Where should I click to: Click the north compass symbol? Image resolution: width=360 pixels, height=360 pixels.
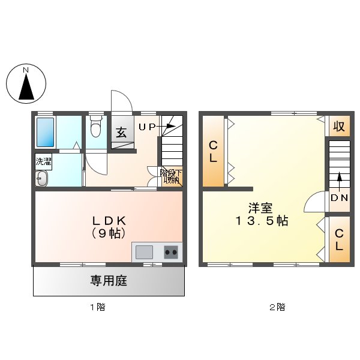[x=26, y=85]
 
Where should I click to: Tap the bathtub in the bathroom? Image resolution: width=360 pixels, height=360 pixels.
[x=45, y=132]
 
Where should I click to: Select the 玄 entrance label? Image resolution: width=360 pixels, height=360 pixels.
[x=121, y=133]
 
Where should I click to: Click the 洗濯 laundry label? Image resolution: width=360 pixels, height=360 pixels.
[x=43, y=161]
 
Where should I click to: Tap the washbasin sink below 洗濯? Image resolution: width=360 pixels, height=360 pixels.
[x=41, y=178]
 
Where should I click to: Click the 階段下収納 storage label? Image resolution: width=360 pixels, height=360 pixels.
[x=170, y=176]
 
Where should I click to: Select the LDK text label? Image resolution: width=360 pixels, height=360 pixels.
[x=109, y=220]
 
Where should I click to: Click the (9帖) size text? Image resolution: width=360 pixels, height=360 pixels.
[x=109, y=233]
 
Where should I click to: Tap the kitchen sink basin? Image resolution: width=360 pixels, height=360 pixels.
[x=144, y=252]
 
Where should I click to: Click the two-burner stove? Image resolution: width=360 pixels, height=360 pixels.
[x=172, y=252]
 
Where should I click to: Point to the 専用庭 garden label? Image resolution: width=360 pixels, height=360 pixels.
[x=109, y=280]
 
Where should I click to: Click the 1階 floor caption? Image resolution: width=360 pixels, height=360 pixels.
[x=97, y=307]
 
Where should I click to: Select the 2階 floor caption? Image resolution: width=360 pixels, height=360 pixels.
[x=277, y=307]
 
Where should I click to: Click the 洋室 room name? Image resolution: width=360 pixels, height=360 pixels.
[x=261, y=208]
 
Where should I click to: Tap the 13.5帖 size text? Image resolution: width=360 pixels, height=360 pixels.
[x=261, y=221]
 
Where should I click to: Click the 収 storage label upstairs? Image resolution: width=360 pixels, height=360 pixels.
[x=339, y=127]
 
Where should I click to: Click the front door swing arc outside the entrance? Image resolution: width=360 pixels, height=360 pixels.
[x=120, y=100]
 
